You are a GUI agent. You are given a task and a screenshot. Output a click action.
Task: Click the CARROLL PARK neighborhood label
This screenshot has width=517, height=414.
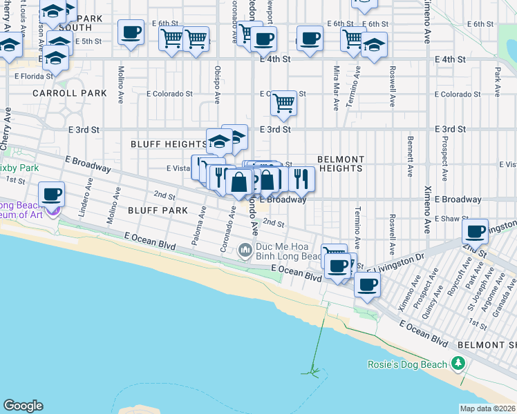click(69, 93)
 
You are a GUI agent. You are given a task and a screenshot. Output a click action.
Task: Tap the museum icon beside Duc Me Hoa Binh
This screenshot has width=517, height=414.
click(245, 251)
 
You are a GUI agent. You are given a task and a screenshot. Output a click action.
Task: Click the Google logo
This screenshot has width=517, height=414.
click(23, 406)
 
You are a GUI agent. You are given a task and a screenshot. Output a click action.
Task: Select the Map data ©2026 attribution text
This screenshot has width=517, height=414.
click(487, 408)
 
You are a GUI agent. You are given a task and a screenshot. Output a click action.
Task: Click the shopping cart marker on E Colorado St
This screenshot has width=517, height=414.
click(283, 103)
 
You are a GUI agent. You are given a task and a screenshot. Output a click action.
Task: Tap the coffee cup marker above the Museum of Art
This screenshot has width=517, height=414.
click(52, 194)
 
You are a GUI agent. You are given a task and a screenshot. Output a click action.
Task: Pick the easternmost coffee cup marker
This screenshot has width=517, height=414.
click(476, 232)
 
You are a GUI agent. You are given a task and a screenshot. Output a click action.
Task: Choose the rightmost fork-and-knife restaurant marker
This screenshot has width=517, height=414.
click(301, 179)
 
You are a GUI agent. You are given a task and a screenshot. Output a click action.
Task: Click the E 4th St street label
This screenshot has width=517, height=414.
click(275, 59)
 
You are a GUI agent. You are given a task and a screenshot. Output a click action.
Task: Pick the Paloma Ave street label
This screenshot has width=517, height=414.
click(202, 230)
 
